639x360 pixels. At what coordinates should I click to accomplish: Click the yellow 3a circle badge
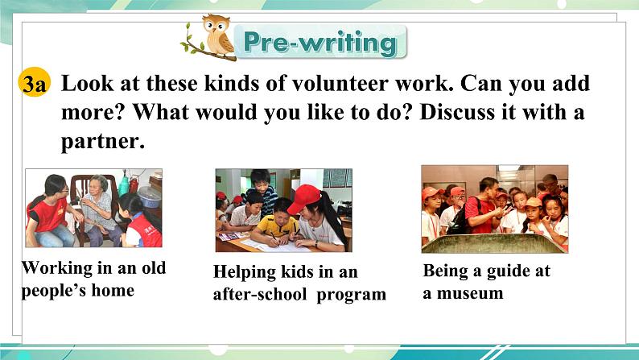tap(35, 83)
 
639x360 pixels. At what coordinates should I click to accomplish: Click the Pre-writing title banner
tap(320, 42)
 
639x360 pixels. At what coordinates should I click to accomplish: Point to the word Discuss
tap(457, 112)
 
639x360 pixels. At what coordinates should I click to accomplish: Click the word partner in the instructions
tap(103, 142)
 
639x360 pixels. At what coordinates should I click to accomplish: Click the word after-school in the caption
tap(260, 293)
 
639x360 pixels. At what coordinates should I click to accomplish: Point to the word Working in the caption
tap(57, 268)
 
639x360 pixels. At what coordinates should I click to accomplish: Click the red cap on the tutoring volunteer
tap(303, 199)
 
